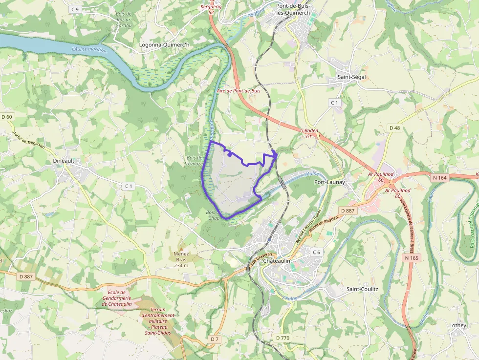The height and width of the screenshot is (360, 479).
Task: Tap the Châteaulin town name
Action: [x=277, y=261]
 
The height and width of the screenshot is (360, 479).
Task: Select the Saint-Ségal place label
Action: [x=352, y=77]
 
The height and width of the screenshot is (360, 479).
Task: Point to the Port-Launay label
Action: [x=329, y=182]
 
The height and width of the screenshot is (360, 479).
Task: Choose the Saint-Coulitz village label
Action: [x=362, y=289]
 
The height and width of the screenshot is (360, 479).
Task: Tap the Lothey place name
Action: [x=458, y=325]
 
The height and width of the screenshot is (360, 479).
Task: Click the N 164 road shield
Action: [x=439, y=178]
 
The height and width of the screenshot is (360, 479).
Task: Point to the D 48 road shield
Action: [x=394, y=127]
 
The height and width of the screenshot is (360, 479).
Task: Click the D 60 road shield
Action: [x=7, y=117]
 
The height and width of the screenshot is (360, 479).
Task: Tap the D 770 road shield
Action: [x=283, y=338]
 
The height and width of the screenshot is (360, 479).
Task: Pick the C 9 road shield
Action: [x=74, y=9]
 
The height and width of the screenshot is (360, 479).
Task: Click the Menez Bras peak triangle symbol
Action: [x=181, y=248]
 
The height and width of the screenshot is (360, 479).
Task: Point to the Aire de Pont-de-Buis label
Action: [x=239, y=91]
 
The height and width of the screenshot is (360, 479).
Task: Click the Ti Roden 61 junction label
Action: [x=308, y=133]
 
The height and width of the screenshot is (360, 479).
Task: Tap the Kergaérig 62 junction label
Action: [x=211, y=9]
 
